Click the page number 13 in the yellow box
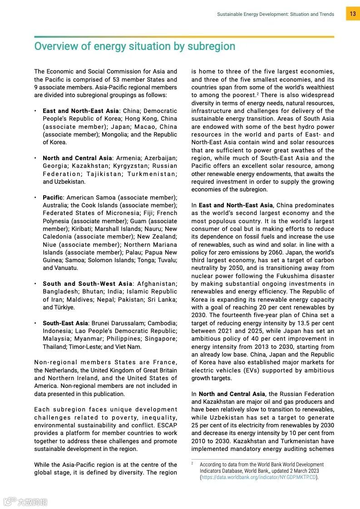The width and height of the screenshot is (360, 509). tap(353, 14)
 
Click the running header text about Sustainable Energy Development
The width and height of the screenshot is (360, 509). tap(275, 15)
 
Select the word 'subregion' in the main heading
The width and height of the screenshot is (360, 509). tap(212, 46)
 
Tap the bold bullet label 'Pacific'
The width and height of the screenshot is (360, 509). tap(53, 198)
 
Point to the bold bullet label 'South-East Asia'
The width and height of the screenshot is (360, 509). tap(65, 323)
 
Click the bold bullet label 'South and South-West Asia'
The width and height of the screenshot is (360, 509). tap(88, 284)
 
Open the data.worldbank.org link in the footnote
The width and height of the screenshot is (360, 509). tap(259, 477)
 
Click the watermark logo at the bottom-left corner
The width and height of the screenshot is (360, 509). tap(25, 502)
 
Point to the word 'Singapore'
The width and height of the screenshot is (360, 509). tap(162, 339)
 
